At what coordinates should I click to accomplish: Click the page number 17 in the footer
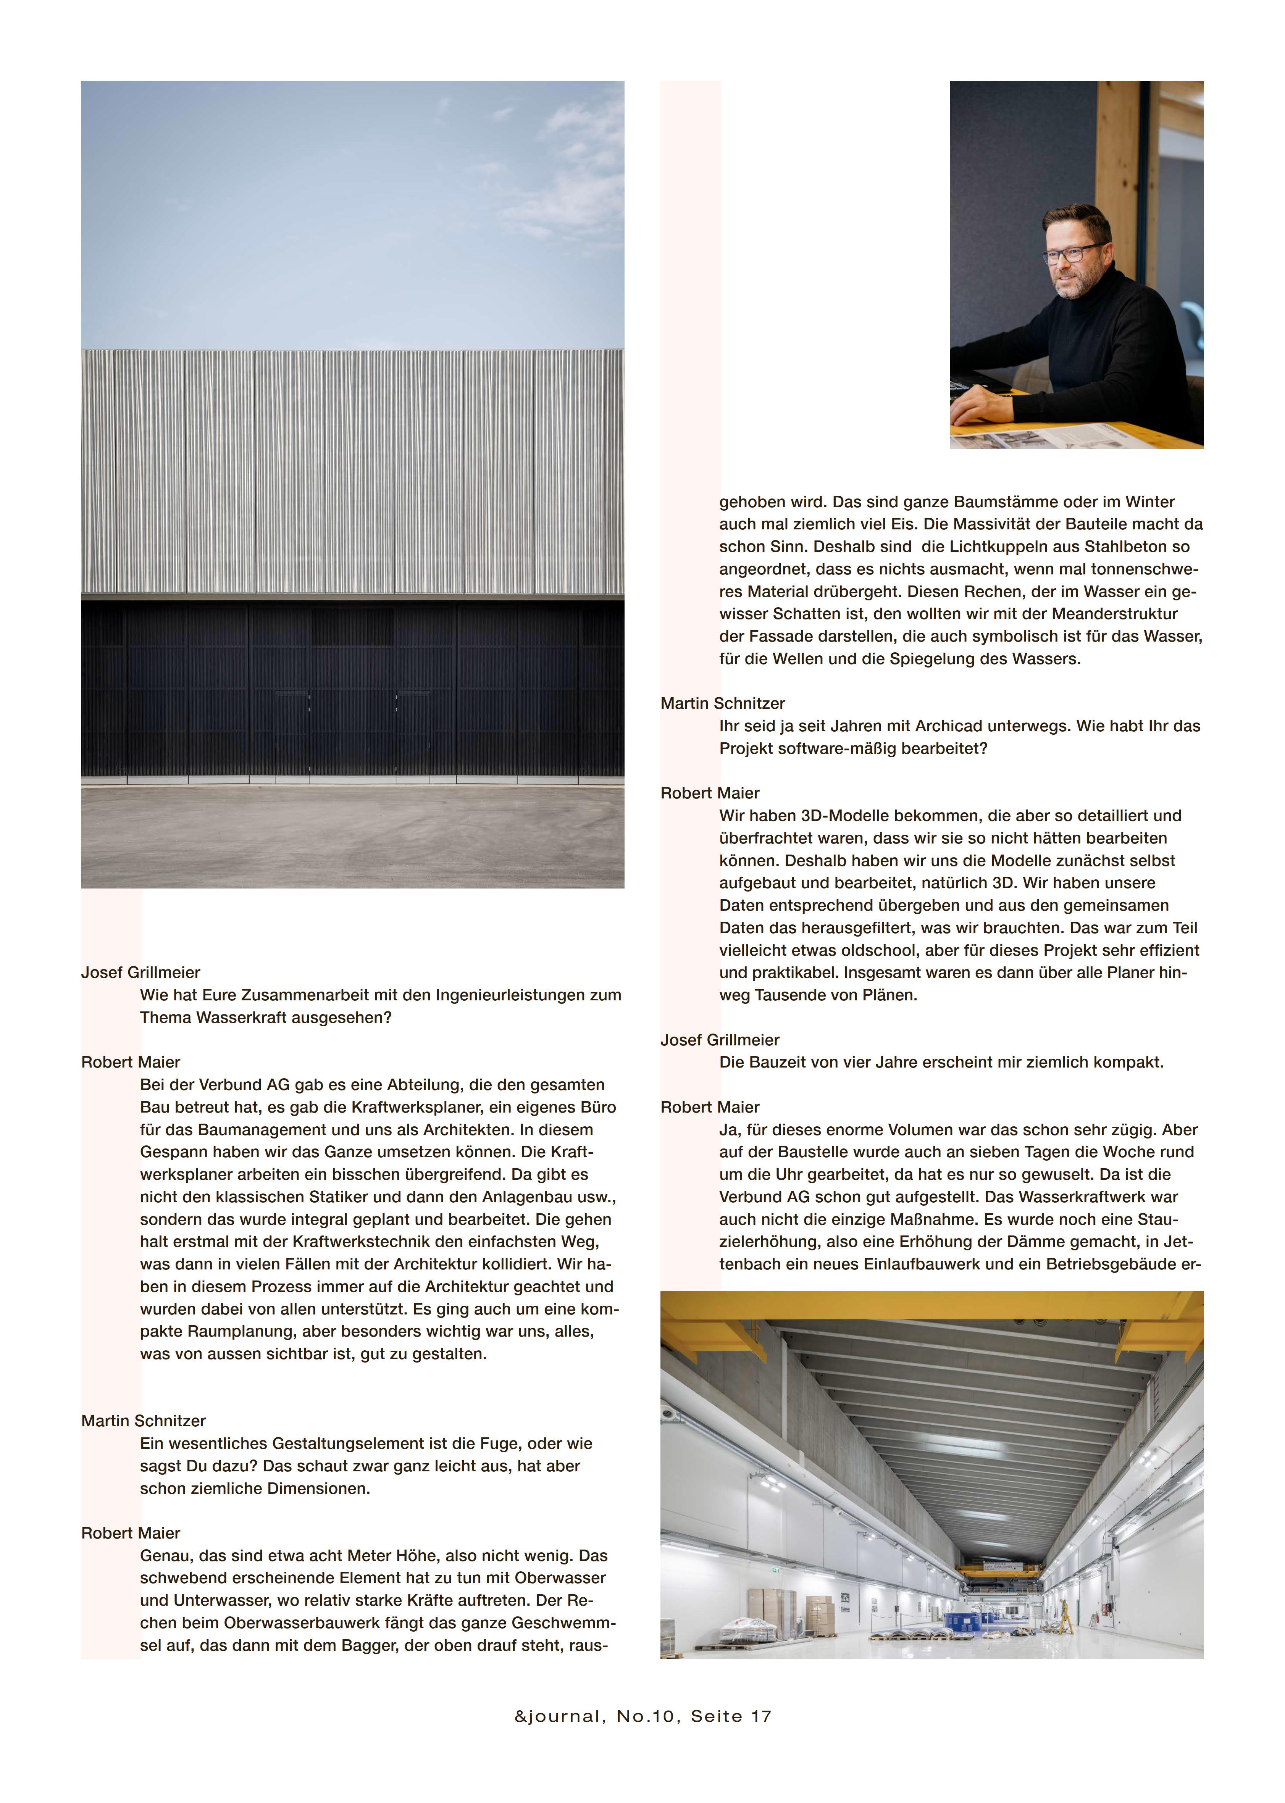click(761, 1716)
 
